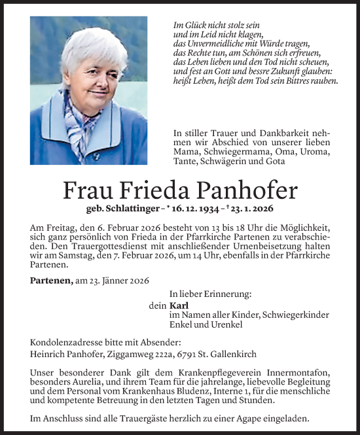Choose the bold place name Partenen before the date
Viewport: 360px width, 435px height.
pos(51,280)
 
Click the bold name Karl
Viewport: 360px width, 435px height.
pos(178,305)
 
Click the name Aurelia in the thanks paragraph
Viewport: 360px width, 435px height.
pos(88,381)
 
